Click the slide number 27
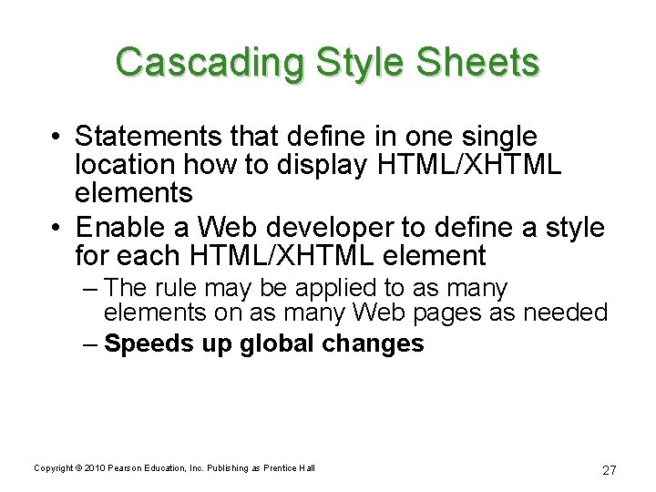(x=610, y=470)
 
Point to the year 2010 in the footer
(x=94, y=467)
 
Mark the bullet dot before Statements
(x=57, y=138)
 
